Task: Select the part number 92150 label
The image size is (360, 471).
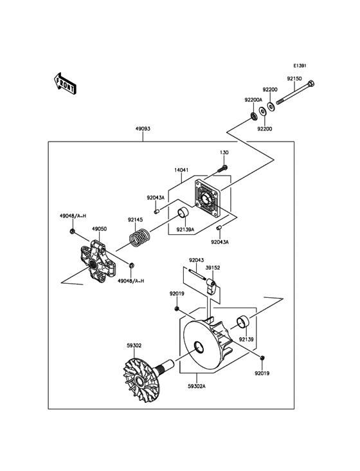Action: [x=294, y=78]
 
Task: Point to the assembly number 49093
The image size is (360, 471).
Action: [x=143, y=129]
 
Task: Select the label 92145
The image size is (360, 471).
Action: [x=135, y=219]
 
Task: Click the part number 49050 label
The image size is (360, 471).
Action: [x=99, y=228]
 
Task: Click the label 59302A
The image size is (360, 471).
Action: [x=197, y=387]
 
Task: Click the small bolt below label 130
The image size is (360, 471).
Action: [x=222, y=169]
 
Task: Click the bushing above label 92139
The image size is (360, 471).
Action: [x=243, y=322]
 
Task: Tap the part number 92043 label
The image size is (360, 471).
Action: [x=196, y=260]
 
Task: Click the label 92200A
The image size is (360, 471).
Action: [x=253, y=100]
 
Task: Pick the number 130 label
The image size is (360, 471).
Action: [x=224, y=152]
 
